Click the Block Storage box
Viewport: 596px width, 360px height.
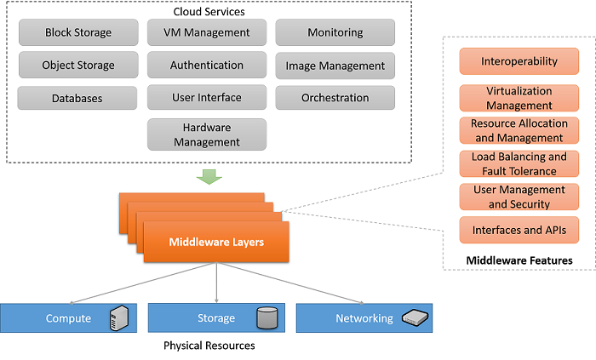click(x=78, y=33)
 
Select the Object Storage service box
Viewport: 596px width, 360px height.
click(x=78, y=66)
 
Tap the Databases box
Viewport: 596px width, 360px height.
click(x=77, y=98)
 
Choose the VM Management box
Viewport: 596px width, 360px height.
click(x=206, y=33)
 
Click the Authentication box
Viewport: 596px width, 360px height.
click(x=206, y=66)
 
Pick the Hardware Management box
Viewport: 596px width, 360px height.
click(x=207, y=134)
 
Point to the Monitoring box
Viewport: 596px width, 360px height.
click(x=335, y=33)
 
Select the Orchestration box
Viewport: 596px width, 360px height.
click(x=335, y=98)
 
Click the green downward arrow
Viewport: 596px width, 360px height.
click(x=208, y=176)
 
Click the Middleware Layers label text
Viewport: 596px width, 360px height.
click(x=215, y=243)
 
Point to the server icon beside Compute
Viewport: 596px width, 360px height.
click(x=119, y=318)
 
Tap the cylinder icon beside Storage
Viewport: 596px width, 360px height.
click(x=266, y=318)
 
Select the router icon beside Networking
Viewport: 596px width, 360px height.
click(x=415, y=318)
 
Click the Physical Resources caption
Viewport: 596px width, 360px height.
click(x=209, y=346)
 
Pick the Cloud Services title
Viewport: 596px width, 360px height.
click(x=209, y=11)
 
